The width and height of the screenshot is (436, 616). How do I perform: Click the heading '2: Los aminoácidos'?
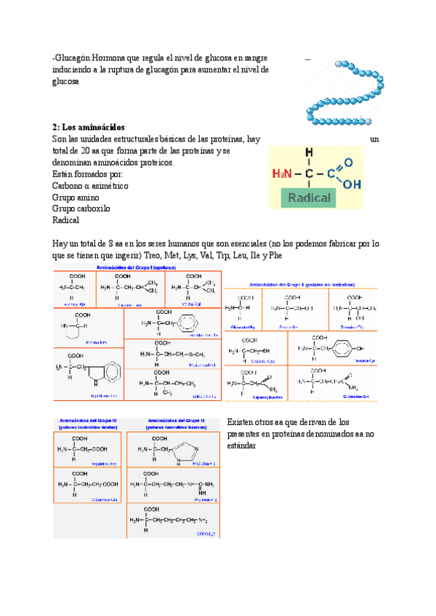(x=89, y=126)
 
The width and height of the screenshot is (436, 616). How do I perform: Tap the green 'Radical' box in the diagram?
(x=310, y=198)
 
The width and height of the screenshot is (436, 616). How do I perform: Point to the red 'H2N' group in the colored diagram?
(x=284, y=174)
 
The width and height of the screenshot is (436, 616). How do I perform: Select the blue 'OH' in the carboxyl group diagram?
(x=351, y=185)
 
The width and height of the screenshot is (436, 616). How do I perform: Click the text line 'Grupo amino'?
(x=76, y=197)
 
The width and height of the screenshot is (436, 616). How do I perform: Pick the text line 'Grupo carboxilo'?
(x=80, y=208)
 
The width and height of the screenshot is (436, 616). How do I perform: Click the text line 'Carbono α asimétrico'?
(x=90, y=186)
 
